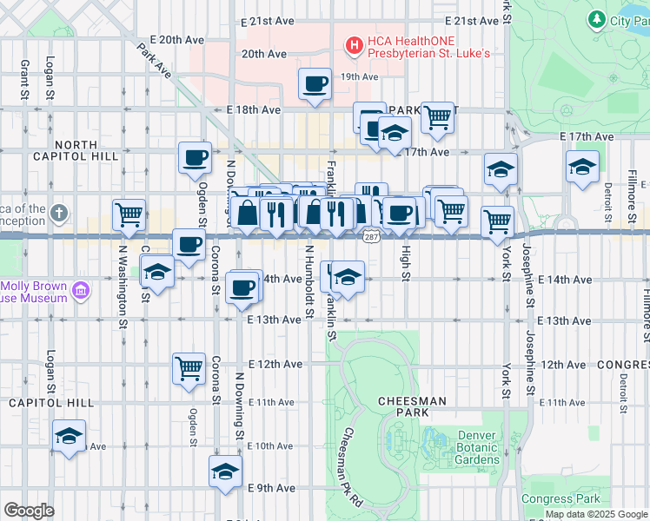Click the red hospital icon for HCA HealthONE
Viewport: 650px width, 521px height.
click(x=354, y=44)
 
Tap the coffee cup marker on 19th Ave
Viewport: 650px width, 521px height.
click(x=315, y=84)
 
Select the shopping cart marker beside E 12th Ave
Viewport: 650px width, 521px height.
click(x=189, y=368)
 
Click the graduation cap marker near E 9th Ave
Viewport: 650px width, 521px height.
click(x=224, y=472)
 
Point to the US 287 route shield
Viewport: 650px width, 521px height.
click(x=371, y=236)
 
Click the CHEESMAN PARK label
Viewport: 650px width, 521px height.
click(x=412, y=401)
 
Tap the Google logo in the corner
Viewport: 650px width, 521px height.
click(x=29, y=510)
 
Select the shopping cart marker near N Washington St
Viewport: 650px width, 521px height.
click(x=129, y=214)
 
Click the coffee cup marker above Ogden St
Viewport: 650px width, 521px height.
click(x=195, y=158)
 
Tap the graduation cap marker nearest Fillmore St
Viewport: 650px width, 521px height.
click(x=582, y=166)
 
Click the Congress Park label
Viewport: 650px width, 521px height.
click(x=560, y=498)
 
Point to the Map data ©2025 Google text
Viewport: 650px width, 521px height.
click(x=597, y=514)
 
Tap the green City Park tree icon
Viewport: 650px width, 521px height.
click(x=596, y=19)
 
